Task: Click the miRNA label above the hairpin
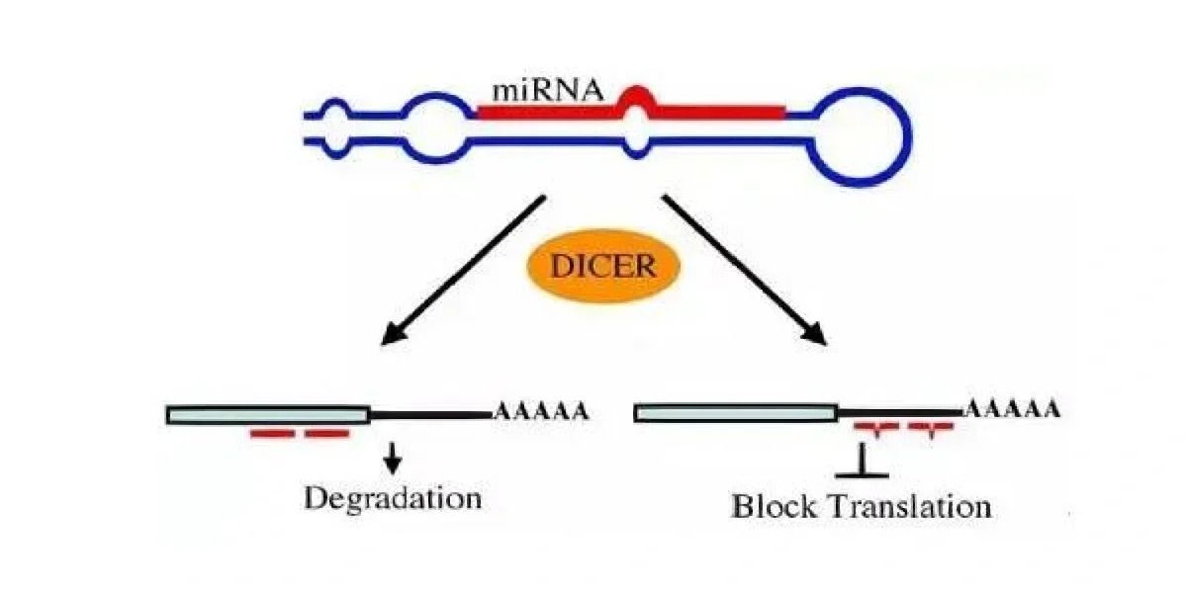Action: click(547, 92)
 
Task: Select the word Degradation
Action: click(393, 497)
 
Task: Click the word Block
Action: click(775, 507)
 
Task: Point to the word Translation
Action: click(911, 507)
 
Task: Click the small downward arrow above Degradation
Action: click(394, 457)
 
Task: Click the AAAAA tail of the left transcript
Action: click(541, 411)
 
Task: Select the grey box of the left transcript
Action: click(268, 414)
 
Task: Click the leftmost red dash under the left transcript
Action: click(273, 434)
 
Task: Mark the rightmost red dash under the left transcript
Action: click(326, 434)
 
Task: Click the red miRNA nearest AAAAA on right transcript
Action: click(931, 428)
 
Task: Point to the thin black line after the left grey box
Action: click(430, 414)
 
